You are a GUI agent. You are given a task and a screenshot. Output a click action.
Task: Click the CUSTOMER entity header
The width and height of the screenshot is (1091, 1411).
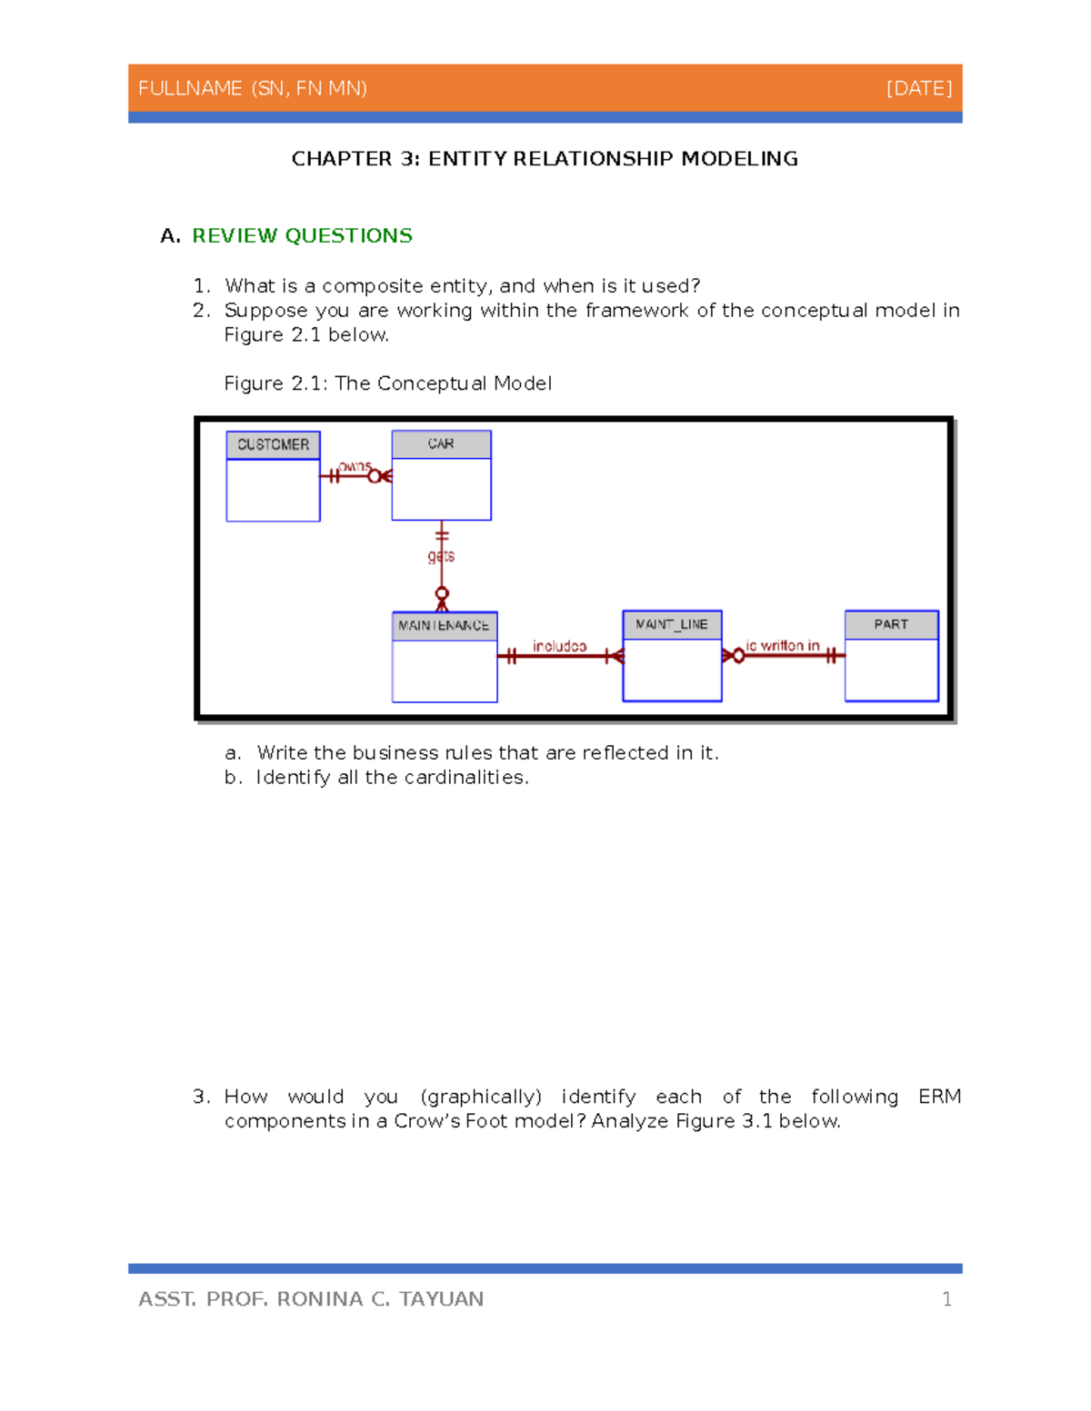click(273, 444)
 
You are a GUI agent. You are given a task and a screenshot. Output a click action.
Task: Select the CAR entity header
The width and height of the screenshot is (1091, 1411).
click(441, 443)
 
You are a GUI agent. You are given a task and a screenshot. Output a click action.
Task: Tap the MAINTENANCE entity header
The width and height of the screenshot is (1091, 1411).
click(444, 625)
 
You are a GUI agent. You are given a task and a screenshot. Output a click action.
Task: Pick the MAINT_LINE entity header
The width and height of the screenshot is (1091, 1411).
click(672, 624)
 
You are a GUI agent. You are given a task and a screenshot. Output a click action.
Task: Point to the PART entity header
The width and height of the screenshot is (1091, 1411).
click(891, 624)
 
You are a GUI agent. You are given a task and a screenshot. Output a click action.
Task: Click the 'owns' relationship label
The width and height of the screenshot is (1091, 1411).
click(355, 466)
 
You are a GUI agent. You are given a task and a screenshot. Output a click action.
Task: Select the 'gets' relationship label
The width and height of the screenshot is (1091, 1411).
click(441, 555)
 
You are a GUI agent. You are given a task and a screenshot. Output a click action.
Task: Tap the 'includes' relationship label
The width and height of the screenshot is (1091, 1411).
click(559, 646)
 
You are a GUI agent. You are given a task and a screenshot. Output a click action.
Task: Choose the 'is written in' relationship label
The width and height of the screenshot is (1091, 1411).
click(783, 645)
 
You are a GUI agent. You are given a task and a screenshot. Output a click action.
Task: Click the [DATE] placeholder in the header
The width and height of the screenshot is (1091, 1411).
click(919, 88)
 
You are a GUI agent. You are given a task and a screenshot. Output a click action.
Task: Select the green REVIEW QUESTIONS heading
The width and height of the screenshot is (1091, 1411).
click(302, 236)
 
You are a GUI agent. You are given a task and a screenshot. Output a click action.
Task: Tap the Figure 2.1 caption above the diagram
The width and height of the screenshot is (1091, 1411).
click(387, 383)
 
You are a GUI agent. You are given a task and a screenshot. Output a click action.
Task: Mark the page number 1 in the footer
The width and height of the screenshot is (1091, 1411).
click(946, 1299)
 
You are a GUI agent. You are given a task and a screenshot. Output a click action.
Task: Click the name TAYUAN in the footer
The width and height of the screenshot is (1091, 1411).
click(441, 1299)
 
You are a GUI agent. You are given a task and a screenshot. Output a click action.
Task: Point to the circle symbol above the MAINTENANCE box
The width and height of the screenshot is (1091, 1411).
click(442, 593)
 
